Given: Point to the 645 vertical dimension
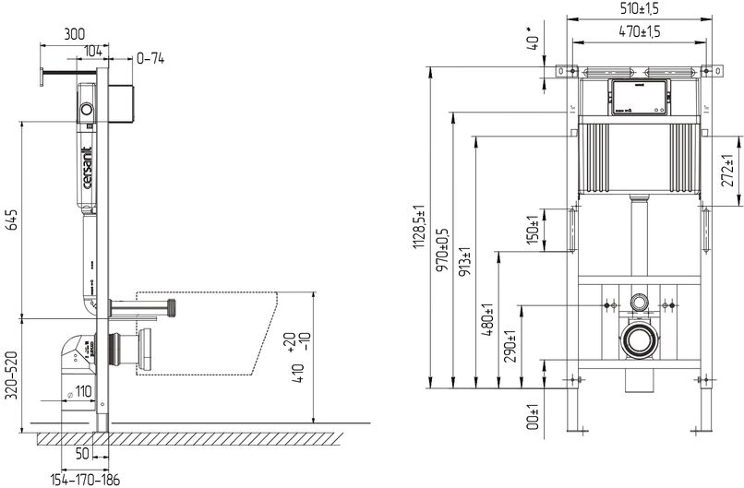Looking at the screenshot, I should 12,220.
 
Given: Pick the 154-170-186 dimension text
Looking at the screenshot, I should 84,479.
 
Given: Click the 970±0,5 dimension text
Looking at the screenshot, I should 442,249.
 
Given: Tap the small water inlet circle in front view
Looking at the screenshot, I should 639,302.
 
